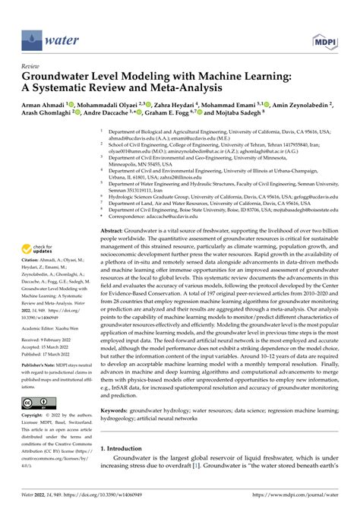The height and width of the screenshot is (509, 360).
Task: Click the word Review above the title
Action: (32, 66)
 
